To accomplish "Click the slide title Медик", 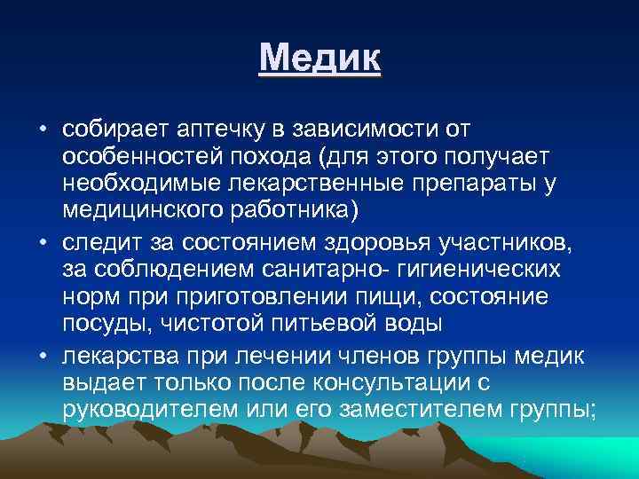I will [x=320, y=61].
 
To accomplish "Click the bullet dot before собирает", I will [x=42, y=131].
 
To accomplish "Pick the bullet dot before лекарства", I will [x=42, y=357].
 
